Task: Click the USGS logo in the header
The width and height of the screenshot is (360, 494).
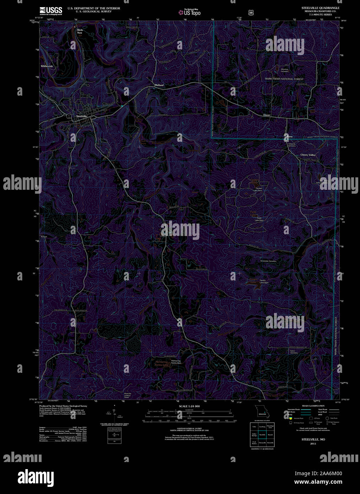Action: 51,10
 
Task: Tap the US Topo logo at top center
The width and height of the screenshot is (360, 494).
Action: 189,12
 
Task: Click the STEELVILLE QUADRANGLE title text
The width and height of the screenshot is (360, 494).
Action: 320,8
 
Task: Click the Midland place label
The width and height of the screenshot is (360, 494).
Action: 159,85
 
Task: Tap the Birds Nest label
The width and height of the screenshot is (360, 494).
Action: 80,31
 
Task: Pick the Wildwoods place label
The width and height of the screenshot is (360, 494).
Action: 47,66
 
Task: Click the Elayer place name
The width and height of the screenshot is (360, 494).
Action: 267,115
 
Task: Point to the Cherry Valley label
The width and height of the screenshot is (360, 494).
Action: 308,155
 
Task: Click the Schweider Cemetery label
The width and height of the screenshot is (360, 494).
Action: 268,261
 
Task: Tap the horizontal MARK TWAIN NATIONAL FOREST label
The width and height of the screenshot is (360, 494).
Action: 284,79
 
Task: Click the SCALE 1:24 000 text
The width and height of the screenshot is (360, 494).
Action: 189,406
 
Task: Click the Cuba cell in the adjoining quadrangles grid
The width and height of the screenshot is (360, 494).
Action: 254,426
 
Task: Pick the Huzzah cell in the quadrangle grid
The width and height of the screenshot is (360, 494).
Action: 270,434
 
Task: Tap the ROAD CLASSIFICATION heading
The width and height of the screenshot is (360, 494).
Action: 313,406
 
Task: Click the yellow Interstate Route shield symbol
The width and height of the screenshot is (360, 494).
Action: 290,419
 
